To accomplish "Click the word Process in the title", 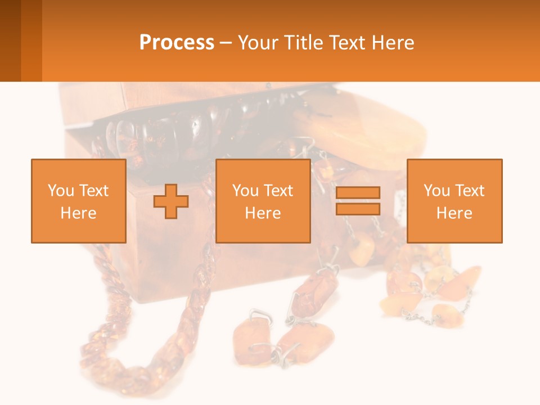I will point(177,43).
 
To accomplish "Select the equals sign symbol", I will point(358,201).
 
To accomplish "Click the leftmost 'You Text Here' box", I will point(79,201).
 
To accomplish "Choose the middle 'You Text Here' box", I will point(263,201).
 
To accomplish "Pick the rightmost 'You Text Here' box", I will point(454,201).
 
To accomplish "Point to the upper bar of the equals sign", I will point(358,193).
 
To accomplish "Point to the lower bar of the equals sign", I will point(358,209).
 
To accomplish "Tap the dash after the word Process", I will point(226,43).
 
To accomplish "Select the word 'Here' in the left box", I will point(79,213).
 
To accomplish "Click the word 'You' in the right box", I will point(436,191).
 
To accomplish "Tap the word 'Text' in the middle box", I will point(278,191).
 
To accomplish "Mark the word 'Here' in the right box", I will point(454,213).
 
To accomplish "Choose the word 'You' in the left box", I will point(61,191).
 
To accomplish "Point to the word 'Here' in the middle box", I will point(263,213).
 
